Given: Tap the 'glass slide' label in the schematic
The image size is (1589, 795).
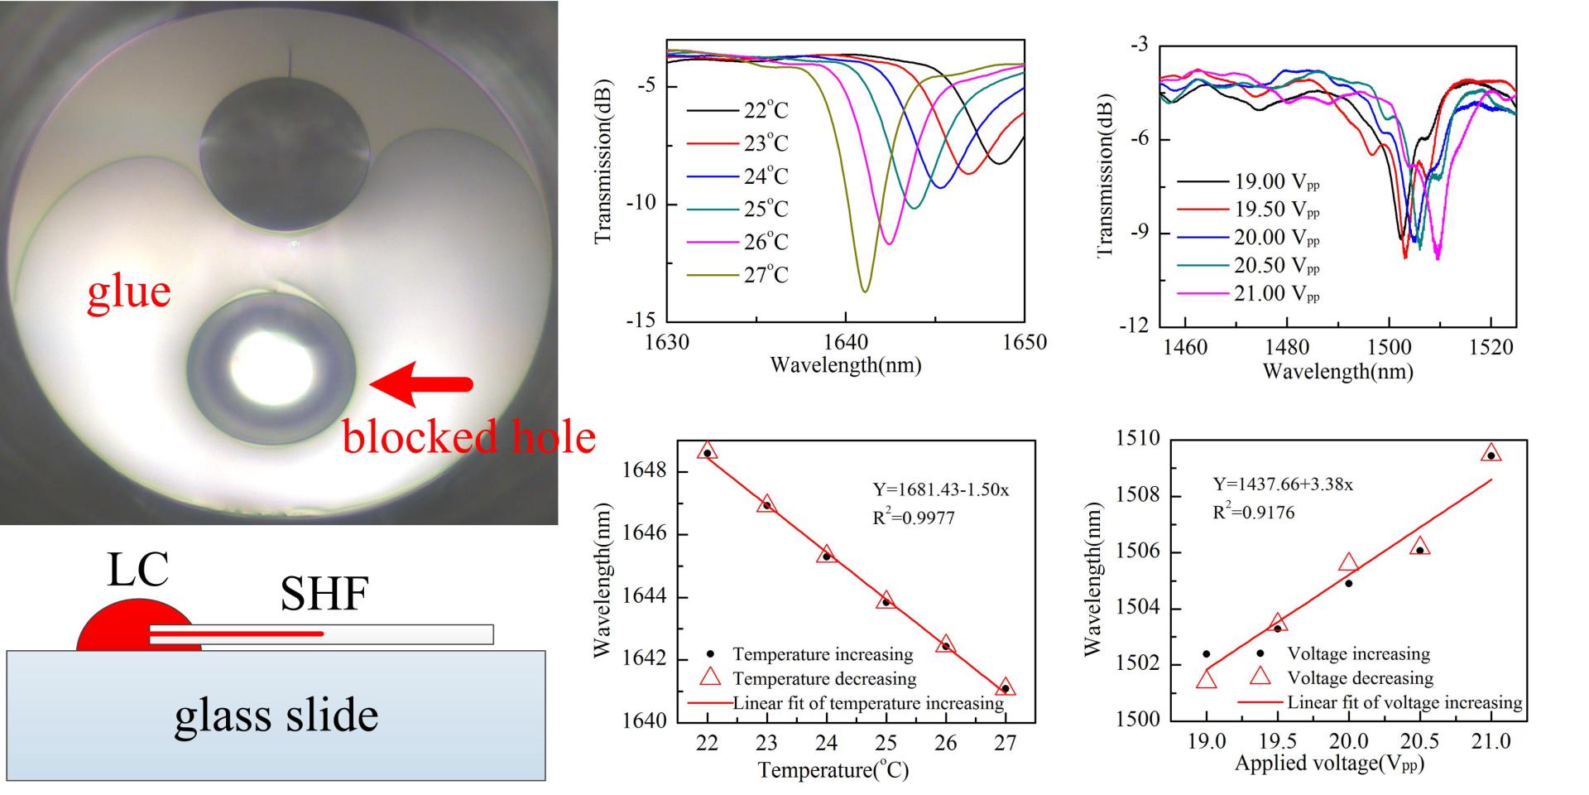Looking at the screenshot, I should pos(276,715).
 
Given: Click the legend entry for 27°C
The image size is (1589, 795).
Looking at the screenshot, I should pos(766,275).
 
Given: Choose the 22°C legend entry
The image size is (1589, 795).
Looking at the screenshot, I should pos(766,110).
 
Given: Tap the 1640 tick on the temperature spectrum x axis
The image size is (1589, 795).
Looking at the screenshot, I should pos(845,342).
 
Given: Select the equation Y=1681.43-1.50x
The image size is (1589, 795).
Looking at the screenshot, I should pos(941,489).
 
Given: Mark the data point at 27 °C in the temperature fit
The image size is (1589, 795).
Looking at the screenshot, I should pos(1006,688).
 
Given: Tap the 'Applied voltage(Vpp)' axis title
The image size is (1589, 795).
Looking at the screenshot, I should pos(1329,764).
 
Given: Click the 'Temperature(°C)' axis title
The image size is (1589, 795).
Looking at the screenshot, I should pos(833,771).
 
